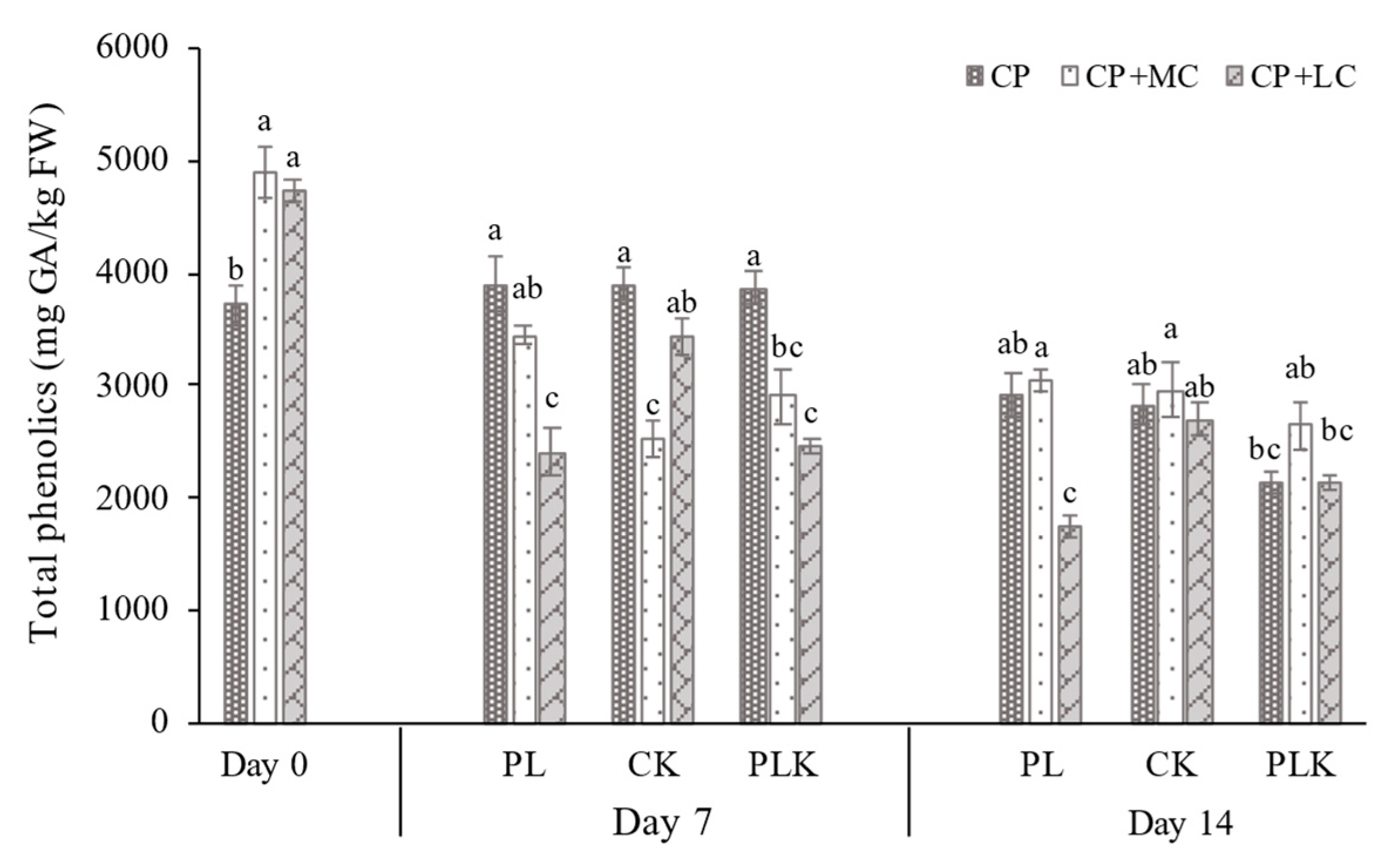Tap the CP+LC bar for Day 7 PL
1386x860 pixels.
click(552, 587)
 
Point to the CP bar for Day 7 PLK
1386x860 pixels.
click(753, 505)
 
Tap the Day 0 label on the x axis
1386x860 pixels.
click(264, 766)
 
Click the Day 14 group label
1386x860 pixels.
click(1180, 824)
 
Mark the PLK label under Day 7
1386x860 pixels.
click(782, 766)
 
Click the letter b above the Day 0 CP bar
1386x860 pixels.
click(236, 271)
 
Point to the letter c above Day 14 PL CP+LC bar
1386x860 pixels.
click(1070, 494)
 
